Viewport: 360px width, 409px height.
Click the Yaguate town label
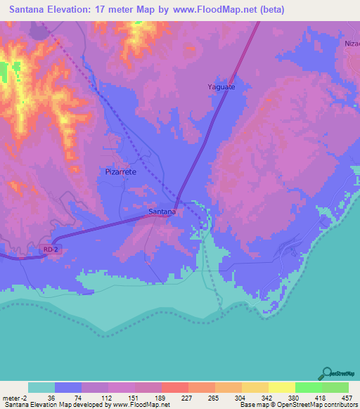point(222,87)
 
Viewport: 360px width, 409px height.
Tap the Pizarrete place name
point(120,171)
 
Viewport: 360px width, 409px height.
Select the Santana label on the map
point(162,211)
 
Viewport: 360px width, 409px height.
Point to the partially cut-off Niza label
point(352,42)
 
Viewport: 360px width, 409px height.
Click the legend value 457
point(347,397)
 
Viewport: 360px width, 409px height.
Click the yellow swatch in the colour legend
point(281,387)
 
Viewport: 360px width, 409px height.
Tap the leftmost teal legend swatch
point(41,387)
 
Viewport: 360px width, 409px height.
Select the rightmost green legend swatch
point(335,387)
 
